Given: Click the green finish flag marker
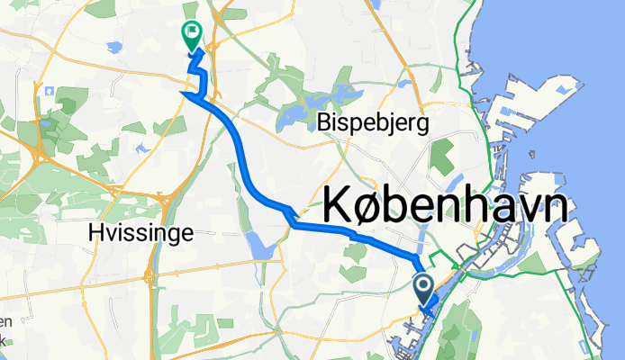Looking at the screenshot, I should pyautogui.click(x=192, y=35).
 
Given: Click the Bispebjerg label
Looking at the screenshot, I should pyautogui.click(x=372, y=122).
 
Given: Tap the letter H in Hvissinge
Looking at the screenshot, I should pyautogui.click(x=96, y=232).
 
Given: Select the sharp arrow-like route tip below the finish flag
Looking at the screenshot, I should pyautogui.click(x=185, y=93).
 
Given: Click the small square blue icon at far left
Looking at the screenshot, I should pyautogui.click(x=41, y=91).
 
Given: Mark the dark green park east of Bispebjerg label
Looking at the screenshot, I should pyautogui.click(x=441, y=155).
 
